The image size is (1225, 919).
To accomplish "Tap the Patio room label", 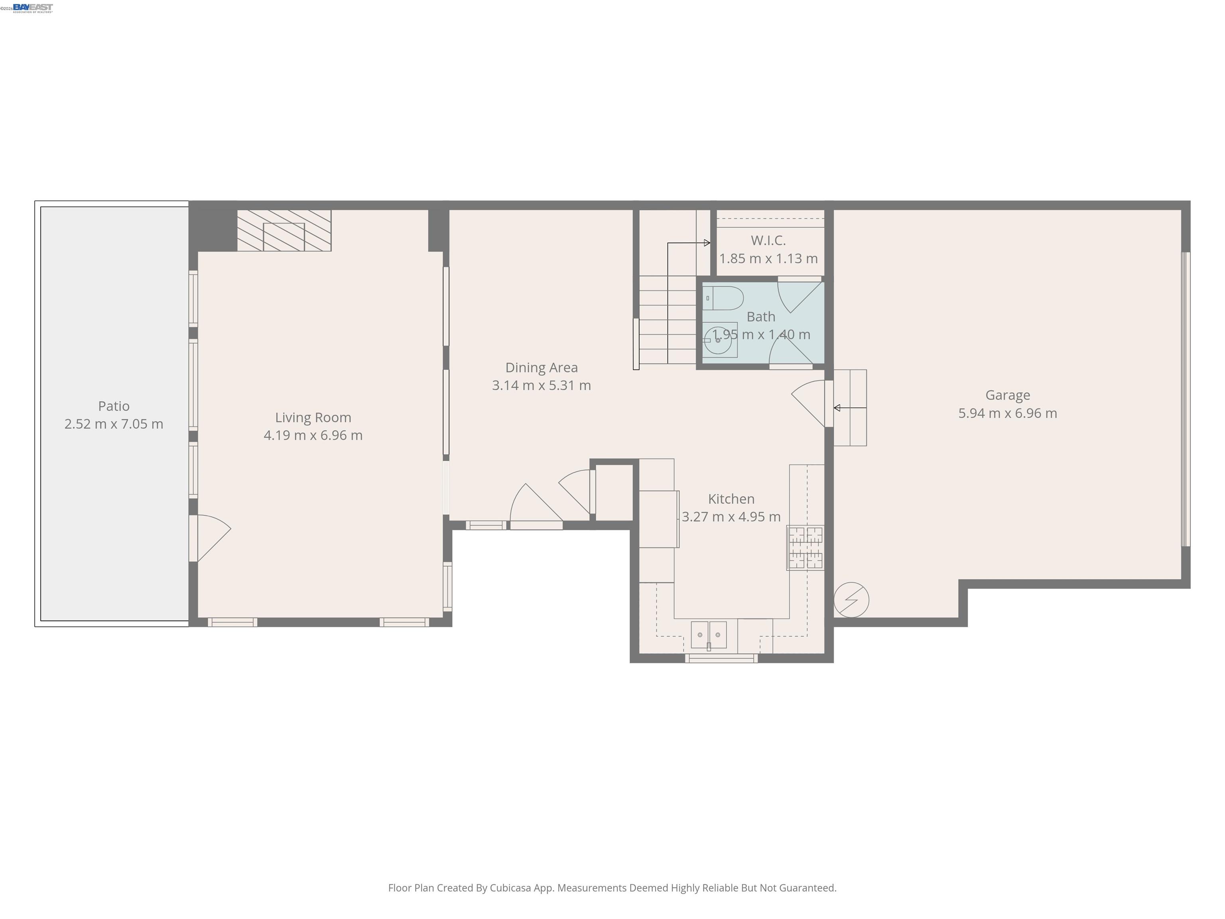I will point(114,406).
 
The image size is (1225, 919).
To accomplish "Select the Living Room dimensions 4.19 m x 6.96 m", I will point(313,436).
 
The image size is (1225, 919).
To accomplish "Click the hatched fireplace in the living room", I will point(284,231).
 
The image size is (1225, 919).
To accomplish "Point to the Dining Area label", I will point(541,368).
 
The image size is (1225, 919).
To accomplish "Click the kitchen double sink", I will point(709,635).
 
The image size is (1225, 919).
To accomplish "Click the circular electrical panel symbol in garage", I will point(851,600).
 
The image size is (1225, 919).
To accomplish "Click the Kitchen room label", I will point(731,499).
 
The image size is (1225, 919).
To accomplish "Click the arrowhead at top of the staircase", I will point(707,243).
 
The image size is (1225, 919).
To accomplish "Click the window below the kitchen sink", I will point(721,659).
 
